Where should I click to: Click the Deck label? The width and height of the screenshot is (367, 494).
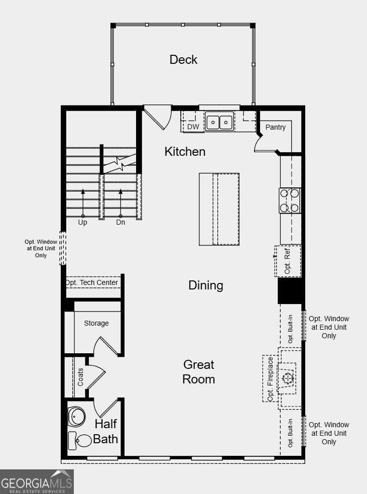tap(183, 59)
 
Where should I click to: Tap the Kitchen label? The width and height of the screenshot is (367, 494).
tap(185, 151)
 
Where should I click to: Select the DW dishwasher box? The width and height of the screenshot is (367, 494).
tap(193, 127)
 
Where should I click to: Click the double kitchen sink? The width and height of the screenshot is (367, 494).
tap(220, 122)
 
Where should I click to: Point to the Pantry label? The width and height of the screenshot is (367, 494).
tap(275, 127)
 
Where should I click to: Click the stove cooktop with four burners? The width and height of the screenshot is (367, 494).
tap(290, 200)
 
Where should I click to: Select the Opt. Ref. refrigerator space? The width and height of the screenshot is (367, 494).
tap(288, 261)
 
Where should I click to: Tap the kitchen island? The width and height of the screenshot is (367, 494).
tap(219, 209)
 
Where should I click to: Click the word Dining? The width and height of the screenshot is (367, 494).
tap(205, 285)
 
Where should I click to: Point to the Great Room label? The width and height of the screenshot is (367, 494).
tap(198, 372)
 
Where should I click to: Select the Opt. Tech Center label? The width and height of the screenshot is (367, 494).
tap(92, 282)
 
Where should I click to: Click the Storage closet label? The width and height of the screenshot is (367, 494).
tap(96, 323)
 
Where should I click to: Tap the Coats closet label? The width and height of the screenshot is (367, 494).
tap(80, 377)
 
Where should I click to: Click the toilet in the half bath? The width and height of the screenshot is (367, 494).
tap(80, 440)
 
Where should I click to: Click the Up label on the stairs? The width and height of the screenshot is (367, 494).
tap(82, 222)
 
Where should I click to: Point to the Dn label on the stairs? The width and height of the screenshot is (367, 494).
tap(120, 222)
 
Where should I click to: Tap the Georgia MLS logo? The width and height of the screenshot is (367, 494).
tap(37, 482)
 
